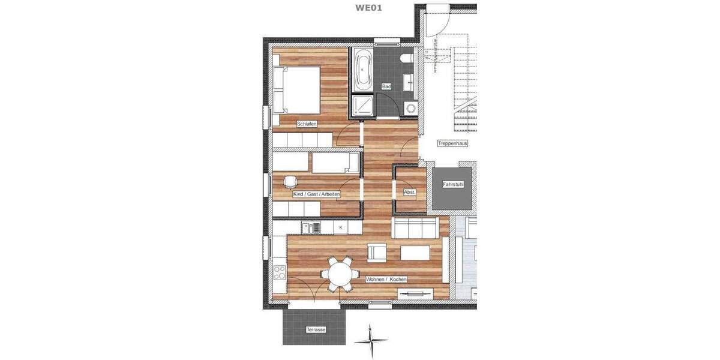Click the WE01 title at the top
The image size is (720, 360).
[x=369, y=8]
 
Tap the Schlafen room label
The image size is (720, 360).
[x=306, y=124]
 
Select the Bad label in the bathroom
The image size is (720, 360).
[x=386, y=87]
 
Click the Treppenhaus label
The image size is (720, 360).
[x=452, y=144]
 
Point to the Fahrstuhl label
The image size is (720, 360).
[x=453, y=184]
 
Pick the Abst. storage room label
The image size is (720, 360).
[x=409, y=192]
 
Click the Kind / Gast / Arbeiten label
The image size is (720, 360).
[x=317, y=194]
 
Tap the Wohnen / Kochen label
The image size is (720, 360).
[x=386, y=280]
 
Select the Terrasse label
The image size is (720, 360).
[x=315, y=330]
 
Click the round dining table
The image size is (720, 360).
[x=340, y=274]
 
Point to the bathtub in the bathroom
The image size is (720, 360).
[x=364, y=69]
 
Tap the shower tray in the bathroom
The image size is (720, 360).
[x=362, y=106]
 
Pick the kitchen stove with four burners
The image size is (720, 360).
[x=280, y=273]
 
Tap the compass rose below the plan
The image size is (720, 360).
[x=371, y=341]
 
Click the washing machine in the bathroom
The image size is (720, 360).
[x=411, y=108]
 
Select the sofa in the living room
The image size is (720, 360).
[x=413, y=229]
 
